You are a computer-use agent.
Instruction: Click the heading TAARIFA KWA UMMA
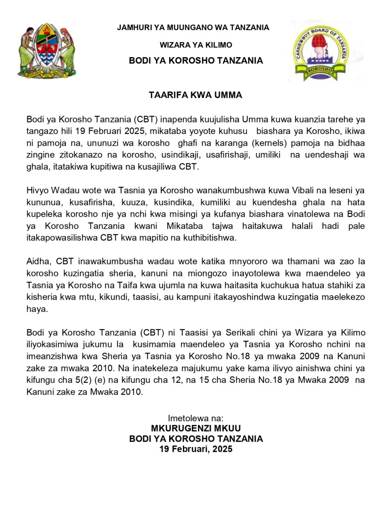[x=196, y=95]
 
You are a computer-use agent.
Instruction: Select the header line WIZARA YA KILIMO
[x=196, y=45]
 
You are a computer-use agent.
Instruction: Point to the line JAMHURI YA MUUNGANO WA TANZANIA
[x=193, y=28]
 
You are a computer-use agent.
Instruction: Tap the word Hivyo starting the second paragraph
[x=37, y=191]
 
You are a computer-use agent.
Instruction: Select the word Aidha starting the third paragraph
[x=37, y=262]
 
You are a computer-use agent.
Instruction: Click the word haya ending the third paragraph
[x=37, y=309]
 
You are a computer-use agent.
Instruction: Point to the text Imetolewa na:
[x=196, y=418]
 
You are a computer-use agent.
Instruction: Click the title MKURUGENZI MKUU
[x=196, y=429]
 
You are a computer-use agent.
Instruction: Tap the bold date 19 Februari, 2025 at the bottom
[x=196, y=449]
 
